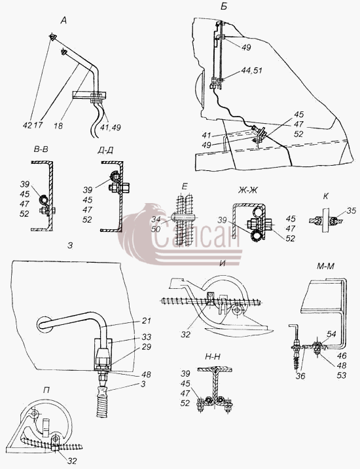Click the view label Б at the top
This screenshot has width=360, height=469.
pyautogui.click(x=224, y=7)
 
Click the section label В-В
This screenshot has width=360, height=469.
pyautogui.click(x=41, y=149)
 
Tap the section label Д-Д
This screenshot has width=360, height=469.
pyautogui.click(x=105, y=151)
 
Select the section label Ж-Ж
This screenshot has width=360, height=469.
pyautogui.click(x=248, y=190)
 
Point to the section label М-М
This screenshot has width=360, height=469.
pyautogui.click(x=325, y=266)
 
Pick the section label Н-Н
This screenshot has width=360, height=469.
pyautogui.click(x=213, y=357)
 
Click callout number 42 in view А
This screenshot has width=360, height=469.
pyautogui.click(x=27, y=125)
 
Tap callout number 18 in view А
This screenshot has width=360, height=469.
pyautogui.click(x=58, y=126)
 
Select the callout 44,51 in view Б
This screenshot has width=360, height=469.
pyautogui.click(x=251, y=71)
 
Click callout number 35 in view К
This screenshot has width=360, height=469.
pyautogui.click(x=352, y=210)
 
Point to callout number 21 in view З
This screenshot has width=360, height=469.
pyautogui.click(x=147, y=321)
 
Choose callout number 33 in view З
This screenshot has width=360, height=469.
pyautogui.click(x=147, y=337)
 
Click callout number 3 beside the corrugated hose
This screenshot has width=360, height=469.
pyautogui.click(x=143, y=384)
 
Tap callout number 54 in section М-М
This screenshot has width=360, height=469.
pyautogui.click(x=331, y=334)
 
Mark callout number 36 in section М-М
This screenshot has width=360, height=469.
pyautogui.click(x=300, y=376)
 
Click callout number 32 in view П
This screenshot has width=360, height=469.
pyautogui.click(x=72, y=461)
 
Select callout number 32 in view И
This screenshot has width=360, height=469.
pyautogui.click(x=185, y=334)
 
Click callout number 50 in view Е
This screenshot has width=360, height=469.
pyautogui.click(x=156, y=229)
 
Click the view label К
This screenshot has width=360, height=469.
pyautogui.click(x=325, y=197)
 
